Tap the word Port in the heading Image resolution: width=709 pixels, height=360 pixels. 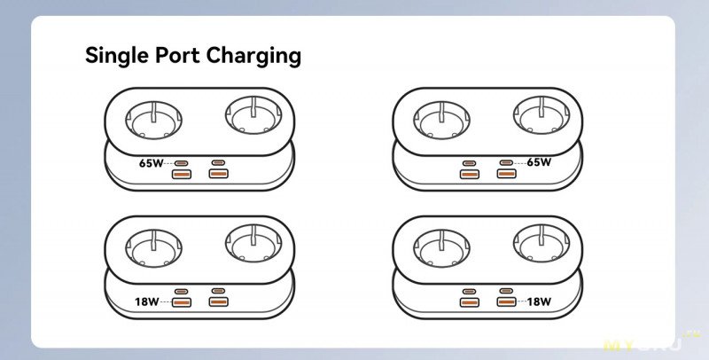[x=176, y=56]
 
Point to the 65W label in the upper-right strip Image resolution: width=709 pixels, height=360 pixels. [x=538, y=163]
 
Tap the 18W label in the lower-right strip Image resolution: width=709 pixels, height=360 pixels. [x=538, y=302]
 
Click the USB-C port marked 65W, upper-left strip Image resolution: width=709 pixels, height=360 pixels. [x=181, y=163]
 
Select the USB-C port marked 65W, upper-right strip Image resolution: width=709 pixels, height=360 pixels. [x=505, y=163]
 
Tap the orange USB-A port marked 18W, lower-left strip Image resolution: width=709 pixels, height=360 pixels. [x=181, y=303]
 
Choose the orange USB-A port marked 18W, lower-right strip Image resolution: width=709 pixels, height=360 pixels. [x=505, y=303]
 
